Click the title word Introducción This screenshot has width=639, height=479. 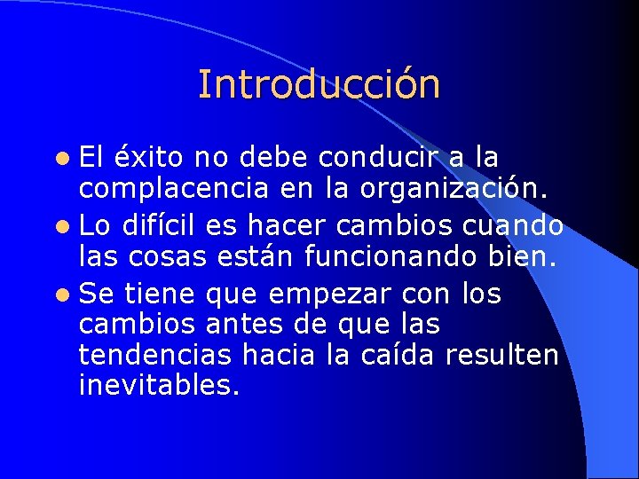(x=319, y=84)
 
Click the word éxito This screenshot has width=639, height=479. (x=149, y=157)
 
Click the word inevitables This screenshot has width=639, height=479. (x=160, y=387)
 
